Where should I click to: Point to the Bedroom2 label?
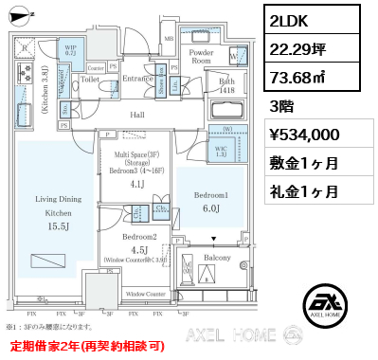tap(138, 237)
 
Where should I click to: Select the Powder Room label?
tap(200, 57)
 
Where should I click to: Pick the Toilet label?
tap(90, 80)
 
